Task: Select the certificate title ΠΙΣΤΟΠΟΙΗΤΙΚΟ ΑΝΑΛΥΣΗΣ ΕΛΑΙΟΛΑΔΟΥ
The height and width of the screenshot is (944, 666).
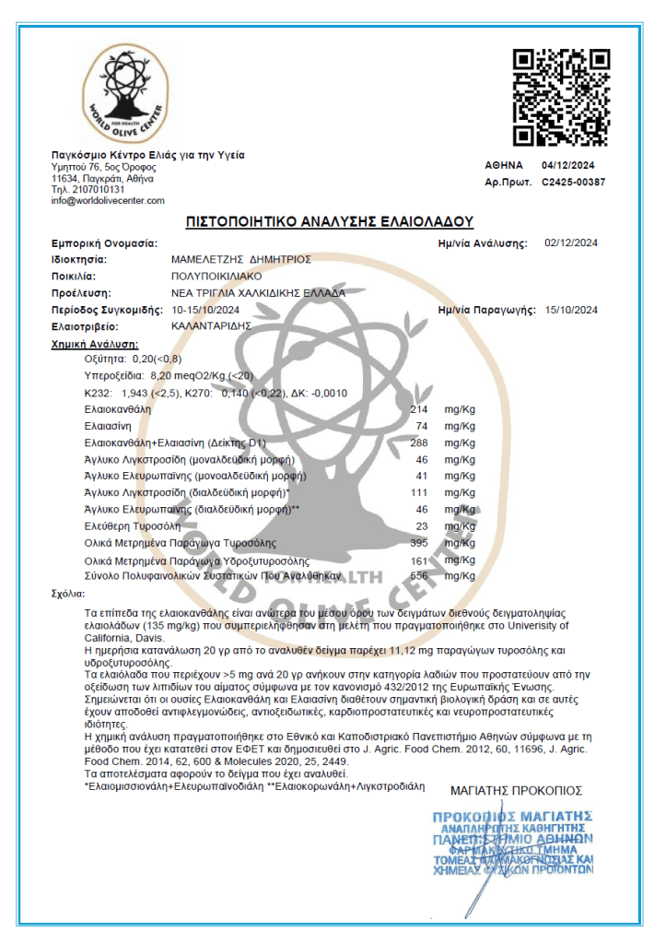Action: [330, 222]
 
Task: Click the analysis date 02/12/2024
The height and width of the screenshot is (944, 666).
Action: [571, 243]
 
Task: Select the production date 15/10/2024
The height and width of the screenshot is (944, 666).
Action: [571, 309]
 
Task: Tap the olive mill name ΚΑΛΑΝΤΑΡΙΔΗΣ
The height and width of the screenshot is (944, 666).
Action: [212, 325]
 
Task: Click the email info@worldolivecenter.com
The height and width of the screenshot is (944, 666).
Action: [108, 200]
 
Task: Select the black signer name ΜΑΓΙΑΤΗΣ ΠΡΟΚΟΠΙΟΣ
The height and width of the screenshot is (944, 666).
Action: [516, 790]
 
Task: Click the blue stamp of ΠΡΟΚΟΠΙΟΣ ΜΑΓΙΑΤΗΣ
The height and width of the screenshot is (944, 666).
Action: [512, 842]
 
